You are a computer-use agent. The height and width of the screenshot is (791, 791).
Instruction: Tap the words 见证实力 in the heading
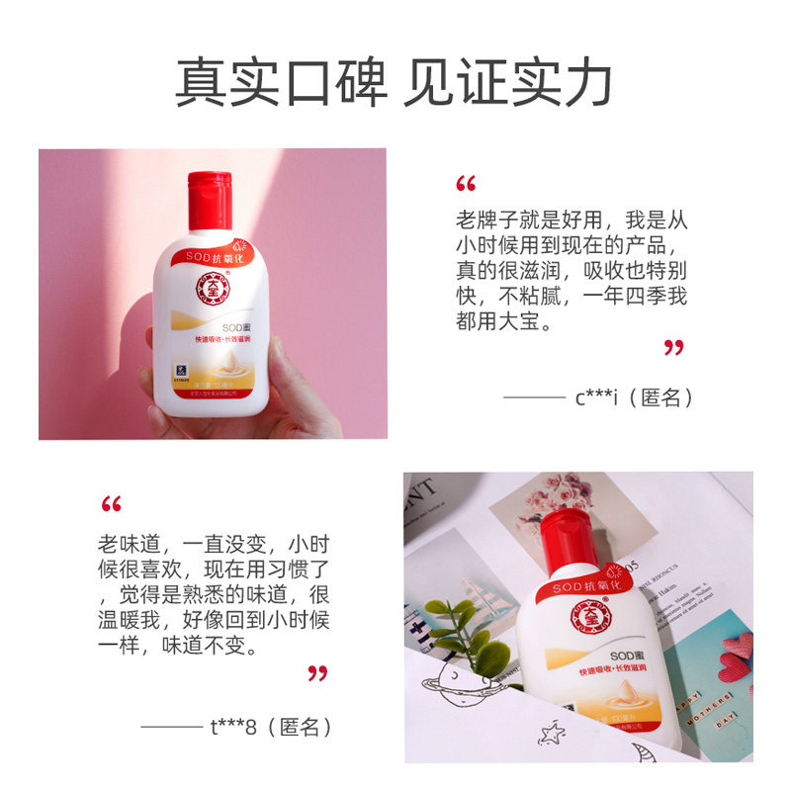pos(508,83)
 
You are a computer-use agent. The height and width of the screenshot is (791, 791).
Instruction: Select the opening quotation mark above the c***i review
pos(466,184)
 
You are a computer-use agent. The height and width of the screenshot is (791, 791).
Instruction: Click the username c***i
pos(596,397)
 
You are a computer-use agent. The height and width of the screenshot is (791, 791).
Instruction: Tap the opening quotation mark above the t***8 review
pos(111,505)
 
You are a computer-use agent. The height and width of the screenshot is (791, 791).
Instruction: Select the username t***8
pos(233,727)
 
